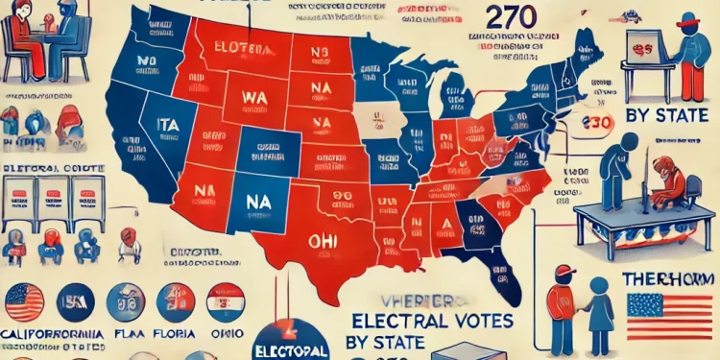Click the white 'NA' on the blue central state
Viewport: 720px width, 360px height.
coord(258,203)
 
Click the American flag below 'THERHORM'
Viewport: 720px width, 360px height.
coord(669,318)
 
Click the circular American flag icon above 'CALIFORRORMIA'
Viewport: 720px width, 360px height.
coord(25,302)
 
